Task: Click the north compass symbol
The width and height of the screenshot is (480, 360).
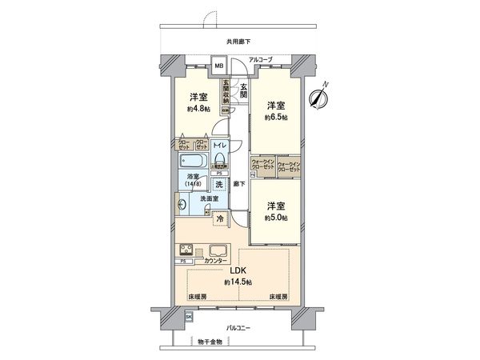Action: point(322,97)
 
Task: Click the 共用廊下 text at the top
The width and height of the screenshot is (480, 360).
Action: point(239,41)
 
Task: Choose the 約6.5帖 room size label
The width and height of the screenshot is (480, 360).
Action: point(277,117)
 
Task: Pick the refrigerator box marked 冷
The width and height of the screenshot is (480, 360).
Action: point(220,218)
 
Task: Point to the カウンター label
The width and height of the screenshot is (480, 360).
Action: point(215,261)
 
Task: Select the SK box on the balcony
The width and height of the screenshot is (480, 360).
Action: point(189,318)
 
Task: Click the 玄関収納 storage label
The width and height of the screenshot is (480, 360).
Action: point(226,90)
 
